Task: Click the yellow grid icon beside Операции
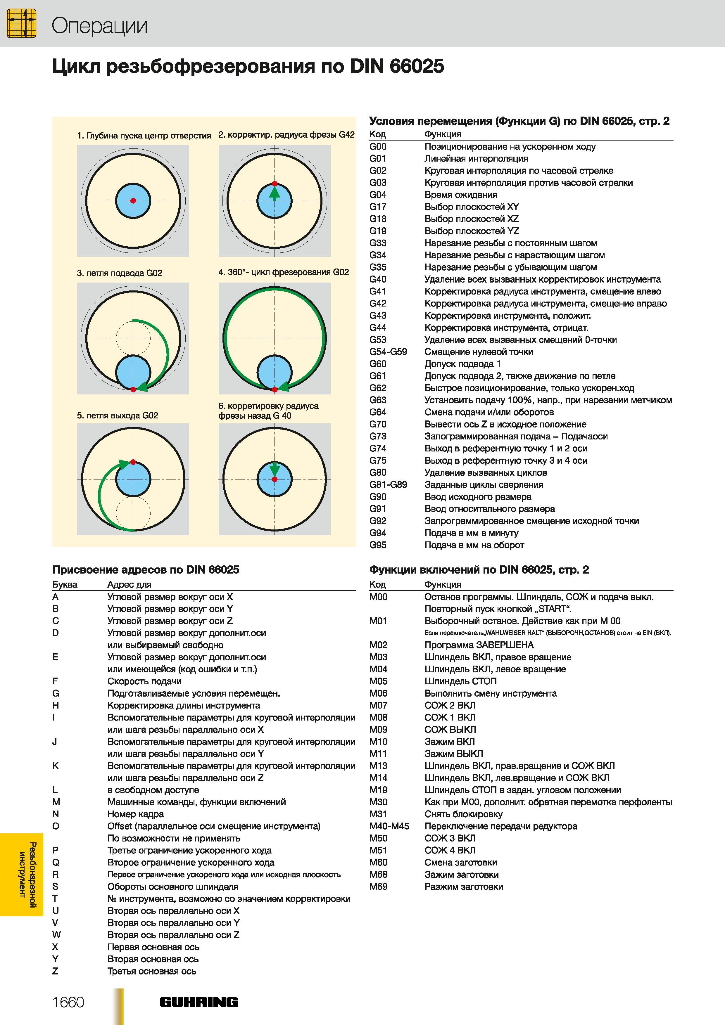21,23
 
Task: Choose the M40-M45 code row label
389,826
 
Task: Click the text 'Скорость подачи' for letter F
144,681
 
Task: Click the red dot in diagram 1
133,201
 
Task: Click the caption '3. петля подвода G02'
120,273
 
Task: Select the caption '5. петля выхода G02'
118,415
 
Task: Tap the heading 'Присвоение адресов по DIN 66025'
146,570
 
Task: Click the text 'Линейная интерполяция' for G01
476,158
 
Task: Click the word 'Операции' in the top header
99,26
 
